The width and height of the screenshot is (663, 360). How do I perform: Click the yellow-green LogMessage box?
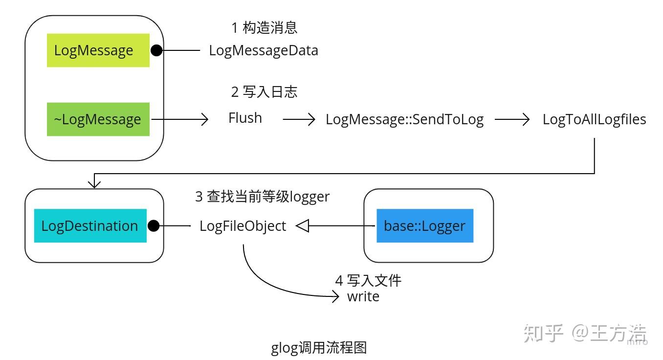point(98,50)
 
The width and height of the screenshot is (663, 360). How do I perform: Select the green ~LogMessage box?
point(98,119)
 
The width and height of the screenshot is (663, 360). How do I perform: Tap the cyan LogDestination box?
point(90,226)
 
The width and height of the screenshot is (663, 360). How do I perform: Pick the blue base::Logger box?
point(424,226)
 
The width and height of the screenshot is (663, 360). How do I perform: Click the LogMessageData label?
point(264,50)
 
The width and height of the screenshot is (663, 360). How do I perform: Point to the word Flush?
point(245,118)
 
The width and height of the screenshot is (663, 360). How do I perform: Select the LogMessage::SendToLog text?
point(404,120)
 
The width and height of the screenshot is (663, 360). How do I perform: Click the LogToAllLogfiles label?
point(594,119)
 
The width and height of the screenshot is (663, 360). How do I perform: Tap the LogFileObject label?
point(243,226)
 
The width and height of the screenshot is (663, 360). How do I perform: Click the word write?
point(363,296)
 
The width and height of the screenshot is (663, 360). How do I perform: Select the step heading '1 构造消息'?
point(264,28)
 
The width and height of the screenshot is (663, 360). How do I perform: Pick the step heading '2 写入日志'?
point(264,92)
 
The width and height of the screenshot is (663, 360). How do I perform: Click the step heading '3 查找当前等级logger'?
point(262,197)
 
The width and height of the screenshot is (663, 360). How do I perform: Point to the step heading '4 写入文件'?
point(368,280)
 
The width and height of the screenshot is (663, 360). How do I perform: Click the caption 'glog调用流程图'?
point(319,348)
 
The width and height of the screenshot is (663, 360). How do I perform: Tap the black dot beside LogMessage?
point(156,50)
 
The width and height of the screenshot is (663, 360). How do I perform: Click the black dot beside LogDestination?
point(154,226)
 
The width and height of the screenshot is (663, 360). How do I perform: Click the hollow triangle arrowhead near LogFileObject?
point(303,226)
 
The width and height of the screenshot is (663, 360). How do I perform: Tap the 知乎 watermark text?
point(543,334)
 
